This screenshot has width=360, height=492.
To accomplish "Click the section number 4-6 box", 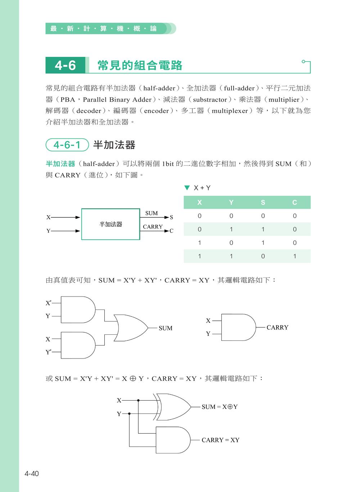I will pos(65,66).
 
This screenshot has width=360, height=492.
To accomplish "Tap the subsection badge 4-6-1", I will pos(67,145).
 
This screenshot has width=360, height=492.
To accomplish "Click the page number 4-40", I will pos(32,473).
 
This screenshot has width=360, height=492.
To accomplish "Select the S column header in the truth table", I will pos(263,203).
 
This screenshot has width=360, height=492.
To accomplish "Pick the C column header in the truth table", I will pos(294,203).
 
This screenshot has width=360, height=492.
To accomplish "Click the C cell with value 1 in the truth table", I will pos(294,256).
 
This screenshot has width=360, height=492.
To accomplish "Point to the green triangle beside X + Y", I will pos(186,188).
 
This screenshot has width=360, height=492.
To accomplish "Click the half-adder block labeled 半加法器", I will pos(111,224).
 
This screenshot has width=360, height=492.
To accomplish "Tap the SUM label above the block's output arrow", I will pos(152,213).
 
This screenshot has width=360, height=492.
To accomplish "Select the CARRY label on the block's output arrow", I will pos(153,227).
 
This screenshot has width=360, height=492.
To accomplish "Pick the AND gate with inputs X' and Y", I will pos(78,310).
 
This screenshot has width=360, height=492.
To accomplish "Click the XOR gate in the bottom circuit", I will pos(173,407).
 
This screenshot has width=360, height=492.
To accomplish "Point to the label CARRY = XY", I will pos(220,440).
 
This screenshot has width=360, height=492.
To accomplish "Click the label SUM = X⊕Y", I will pos(220,407).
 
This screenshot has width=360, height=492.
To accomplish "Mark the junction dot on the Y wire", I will pos(130,414).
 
